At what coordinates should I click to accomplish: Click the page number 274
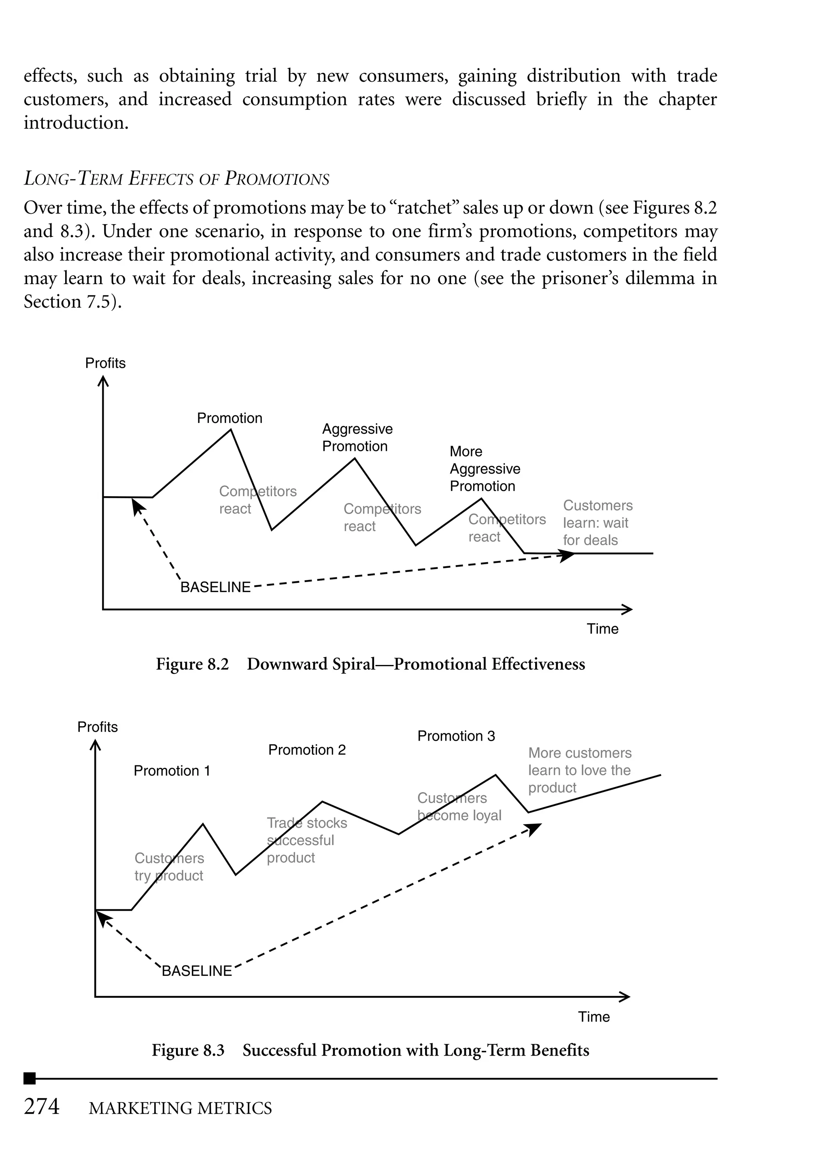pyautogui.click(x=42, y=1107)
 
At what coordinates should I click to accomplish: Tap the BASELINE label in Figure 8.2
pyautogui.click(x=215, y=587)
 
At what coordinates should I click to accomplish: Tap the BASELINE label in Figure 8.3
pyautogui.click(x=197, y=971)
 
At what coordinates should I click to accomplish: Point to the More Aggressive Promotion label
pyautogui.click(x=485, y=468)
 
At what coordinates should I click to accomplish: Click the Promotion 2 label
pyautogui.click(x=307, y=750)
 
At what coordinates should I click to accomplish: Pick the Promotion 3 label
pyautogui.click(x=456, y=736)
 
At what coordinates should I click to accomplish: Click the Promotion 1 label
pyautogui.click(x=172, y=771)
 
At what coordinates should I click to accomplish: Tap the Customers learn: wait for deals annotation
pyautogui.click(x=597, y=523)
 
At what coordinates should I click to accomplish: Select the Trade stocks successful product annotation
pyautogui.click(x=306, y=840)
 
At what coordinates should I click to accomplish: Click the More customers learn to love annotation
pyautogui.click(x=579, y=770)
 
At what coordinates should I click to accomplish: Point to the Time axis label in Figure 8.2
pyautogui.click(x=602, y=629)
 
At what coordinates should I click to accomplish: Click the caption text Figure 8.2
pyautogui.click(x=192, y=664)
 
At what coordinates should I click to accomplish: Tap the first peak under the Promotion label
pyautogui.click(x=231, y=430)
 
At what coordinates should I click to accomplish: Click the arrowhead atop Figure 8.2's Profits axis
pyautogui.click(x=103, y=381)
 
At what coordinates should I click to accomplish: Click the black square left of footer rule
pyautogui.click(x=30, y=1078)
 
